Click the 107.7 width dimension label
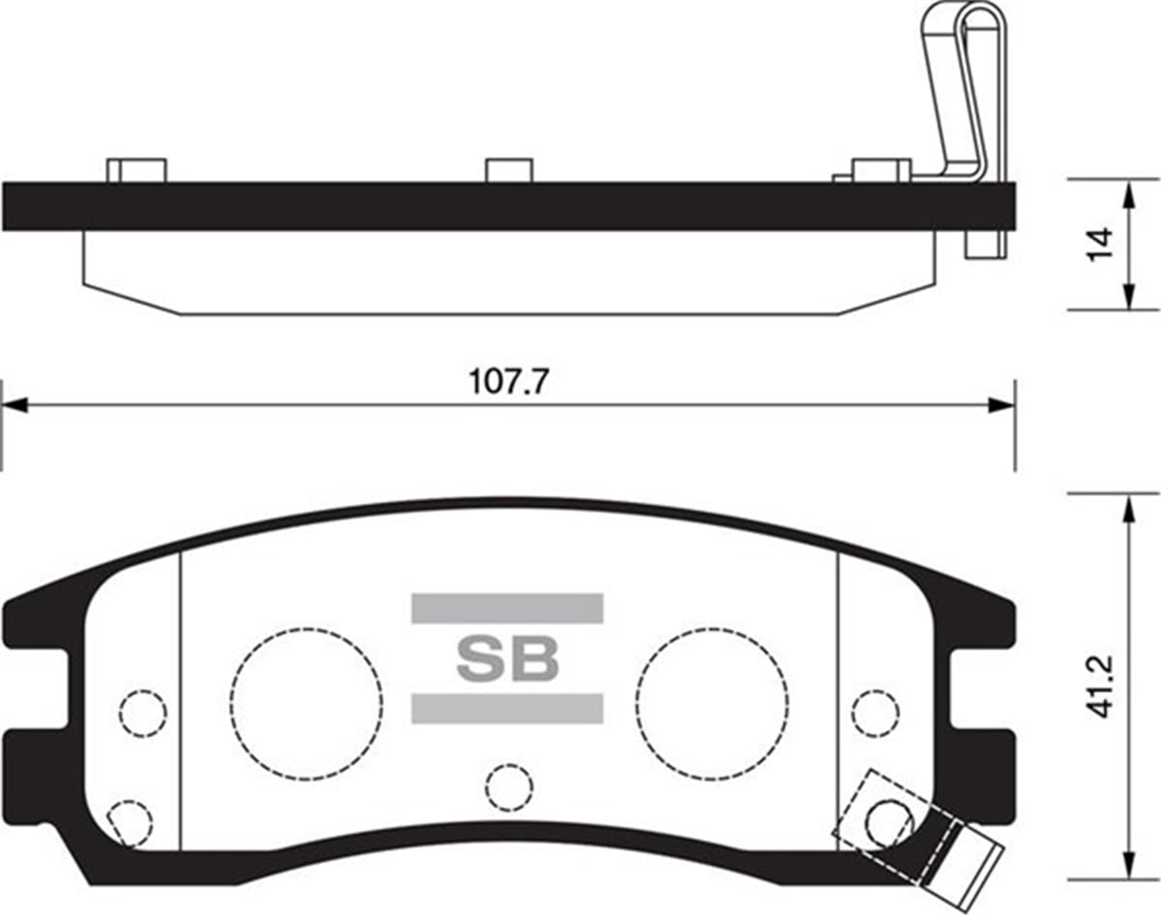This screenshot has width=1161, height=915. [508, 382]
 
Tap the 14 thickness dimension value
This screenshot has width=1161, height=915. [1101, 245]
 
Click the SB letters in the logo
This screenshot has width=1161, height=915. [507, 659]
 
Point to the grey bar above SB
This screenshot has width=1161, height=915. [507, 608]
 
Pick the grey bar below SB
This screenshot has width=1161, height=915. [507, 708]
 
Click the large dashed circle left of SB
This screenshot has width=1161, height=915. [307, 629]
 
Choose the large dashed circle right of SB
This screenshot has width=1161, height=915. [712, 629]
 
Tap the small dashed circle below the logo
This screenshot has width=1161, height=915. [509, 763]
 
